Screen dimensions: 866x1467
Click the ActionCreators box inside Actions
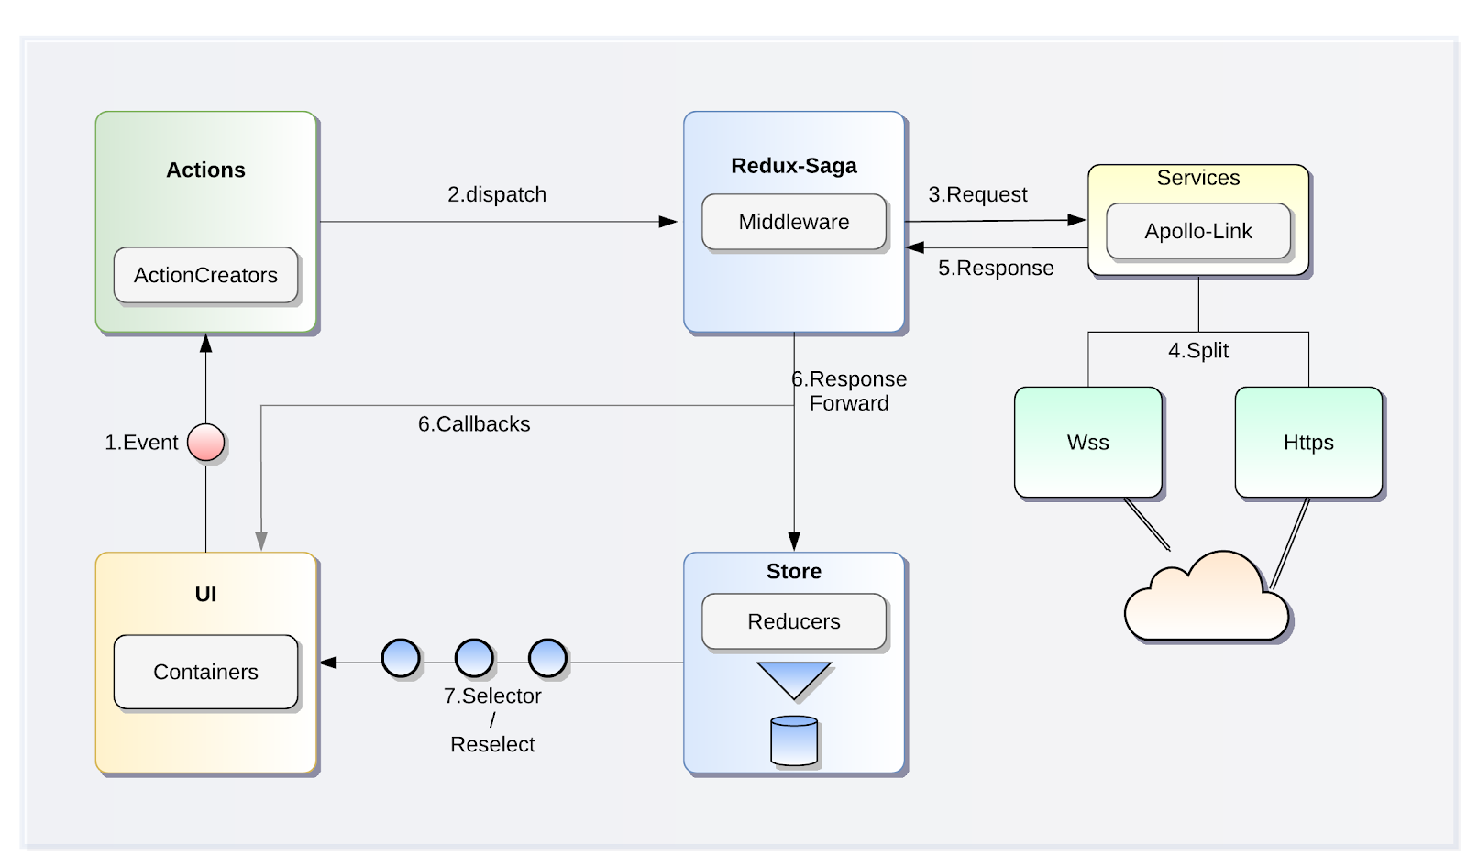(x=205, y=275)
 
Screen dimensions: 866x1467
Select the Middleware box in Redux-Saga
(x=793, y=222)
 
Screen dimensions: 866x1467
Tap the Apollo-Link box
(x=1197, y=231)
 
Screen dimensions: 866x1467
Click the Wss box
(x=1087, y=442)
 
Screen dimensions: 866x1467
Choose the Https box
(x=1307, y=442)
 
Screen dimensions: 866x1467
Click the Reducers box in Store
(x=793, y=621)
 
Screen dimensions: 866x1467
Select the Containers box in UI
(x=205, y=672)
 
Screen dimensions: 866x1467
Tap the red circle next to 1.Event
(x=205, y=442)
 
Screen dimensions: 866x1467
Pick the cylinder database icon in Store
(x=794, y=740)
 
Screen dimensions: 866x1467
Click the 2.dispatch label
(x=496, y=194)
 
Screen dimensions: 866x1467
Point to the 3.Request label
(x=977, y=194)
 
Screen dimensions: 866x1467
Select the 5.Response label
(x=996, y=268)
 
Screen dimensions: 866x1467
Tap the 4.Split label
(x=1197, y=350)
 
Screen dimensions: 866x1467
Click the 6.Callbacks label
(x=474, y=424)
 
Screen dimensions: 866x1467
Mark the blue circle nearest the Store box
(x=547, y=658)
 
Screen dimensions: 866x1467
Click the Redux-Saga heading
(x=793, y=166)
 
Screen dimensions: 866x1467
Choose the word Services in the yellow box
(x=1197, y=178)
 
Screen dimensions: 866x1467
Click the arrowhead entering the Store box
(x=794, y=541)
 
